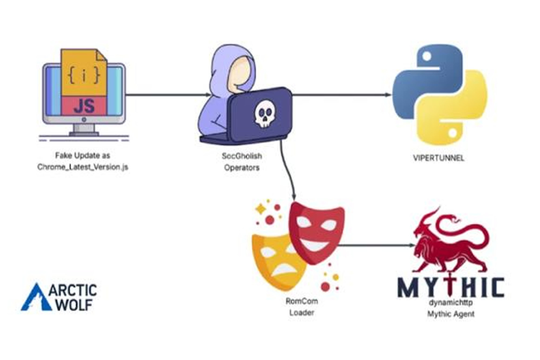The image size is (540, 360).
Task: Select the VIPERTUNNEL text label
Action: pyautogui.click(x=439, y=158)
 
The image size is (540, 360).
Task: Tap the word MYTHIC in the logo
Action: pyautogui.click(x=450, y=287)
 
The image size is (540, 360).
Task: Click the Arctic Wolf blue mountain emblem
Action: pyautogui.click(x=36, y=297)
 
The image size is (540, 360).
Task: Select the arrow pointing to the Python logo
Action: pyautogui.click(x=341, y=95)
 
